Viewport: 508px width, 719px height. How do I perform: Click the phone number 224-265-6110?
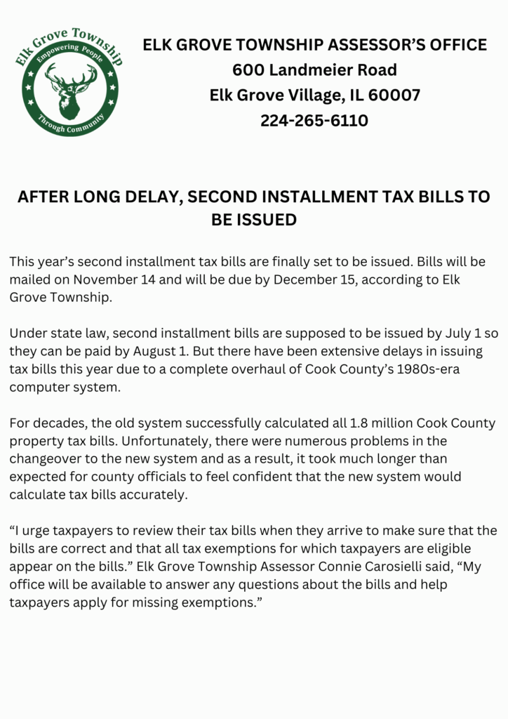pos(314,121)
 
